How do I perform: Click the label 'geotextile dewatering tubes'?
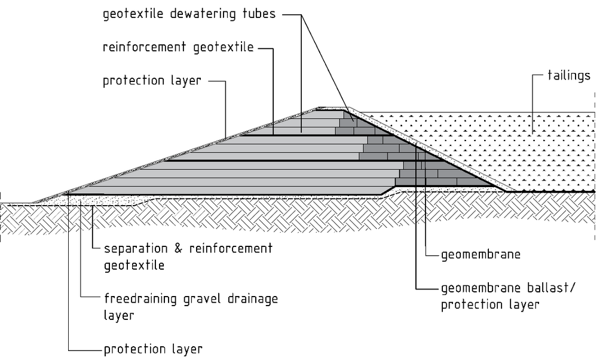click(189, 14)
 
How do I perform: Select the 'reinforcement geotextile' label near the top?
click(178, 48)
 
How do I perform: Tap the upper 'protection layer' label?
click(152, 81)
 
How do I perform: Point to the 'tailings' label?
click(569, 75)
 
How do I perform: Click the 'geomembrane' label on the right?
click(481, 255)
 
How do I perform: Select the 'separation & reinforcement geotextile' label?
click(188, 256)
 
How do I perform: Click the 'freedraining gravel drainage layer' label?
click(191, 306)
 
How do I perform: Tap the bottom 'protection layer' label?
click(153, 349)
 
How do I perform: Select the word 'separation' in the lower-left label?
click(137, 248)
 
